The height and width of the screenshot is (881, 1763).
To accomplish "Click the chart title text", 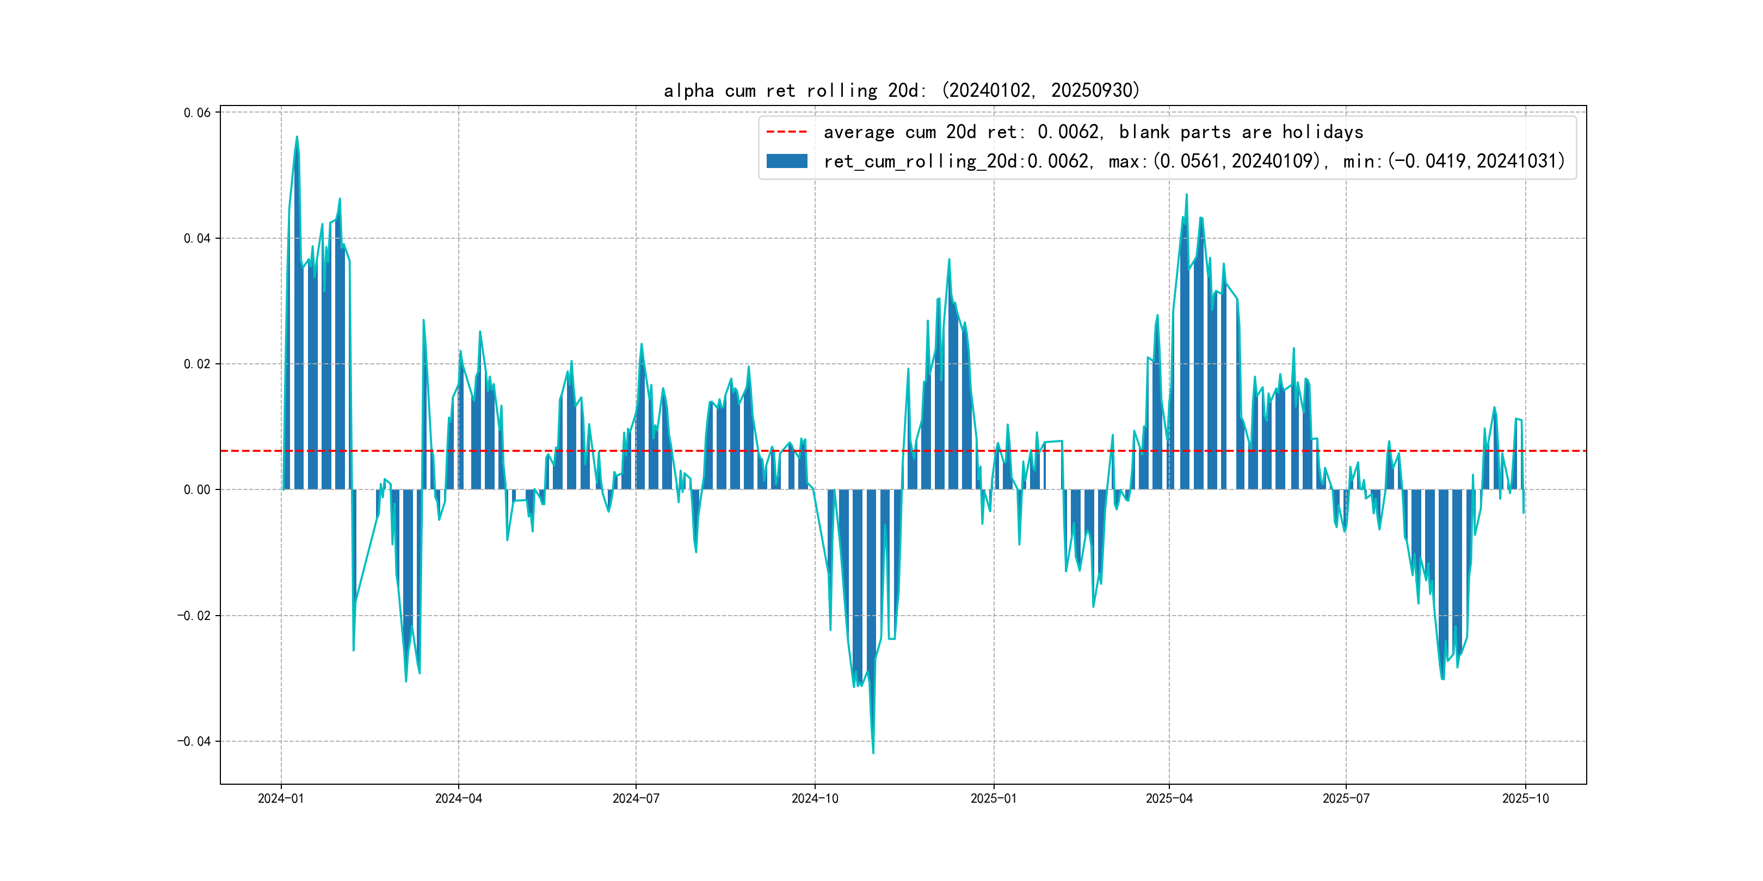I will [901, 90].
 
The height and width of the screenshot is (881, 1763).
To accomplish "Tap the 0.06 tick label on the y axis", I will [197, 113].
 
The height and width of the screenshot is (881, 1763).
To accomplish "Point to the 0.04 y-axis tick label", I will [197, 239].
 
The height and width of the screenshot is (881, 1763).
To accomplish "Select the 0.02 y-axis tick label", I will [197, 364].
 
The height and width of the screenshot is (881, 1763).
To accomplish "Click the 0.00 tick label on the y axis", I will [197, 490].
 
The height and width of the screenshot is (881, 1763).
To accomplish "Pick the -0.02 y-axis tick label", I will [194, 616].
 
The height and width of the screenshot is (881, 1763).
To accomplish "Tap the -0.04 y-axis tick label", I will [194, 741].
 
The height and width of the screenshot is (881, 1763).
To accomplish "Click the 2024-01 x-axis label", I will [281, 799].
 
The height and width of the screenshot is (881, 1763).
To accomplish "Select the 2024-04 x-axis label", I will [459, 799].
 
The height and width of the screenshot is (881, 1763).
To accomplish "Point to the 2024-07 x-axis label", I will [636, 799].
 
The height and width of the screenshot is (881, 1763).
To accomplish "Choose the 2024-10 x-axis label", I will [815, 799].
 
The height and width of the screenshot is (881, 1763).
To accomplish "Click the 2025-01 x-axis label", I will [994, 799].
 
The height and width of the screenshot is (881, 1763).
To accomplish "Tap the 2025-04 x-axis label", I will [1169, 799].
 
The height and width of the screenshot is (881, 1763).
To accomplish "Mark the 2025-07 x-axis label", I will [1346, 799].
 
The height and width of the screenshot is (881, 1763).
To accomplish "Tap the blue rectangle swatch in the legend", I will [786, 162].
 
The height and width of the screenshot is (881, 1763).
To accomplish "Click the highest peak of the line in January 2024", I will [297, 137].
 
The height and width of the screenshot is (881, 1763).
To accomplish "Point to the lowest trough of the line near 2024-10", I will [873, 753].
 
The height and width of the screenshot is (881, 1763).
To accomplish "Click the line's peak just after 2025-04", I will [1187, 195].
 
